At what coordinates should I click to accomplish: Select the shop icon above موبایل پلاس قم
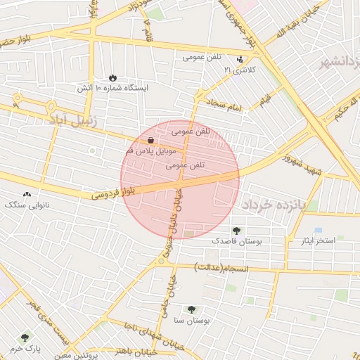151,141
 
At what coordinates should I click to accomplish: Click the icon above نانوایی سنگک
27,194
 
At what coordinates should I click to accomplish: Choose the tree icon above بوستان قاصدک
236,230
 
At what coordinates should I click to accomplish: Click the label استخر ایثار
317,241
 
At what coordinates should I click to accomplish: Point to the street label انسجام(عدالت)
219,268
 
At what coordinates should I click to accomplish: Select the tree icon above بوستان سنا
191,309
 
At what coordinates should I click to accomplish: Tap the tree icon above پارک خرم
25,337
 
